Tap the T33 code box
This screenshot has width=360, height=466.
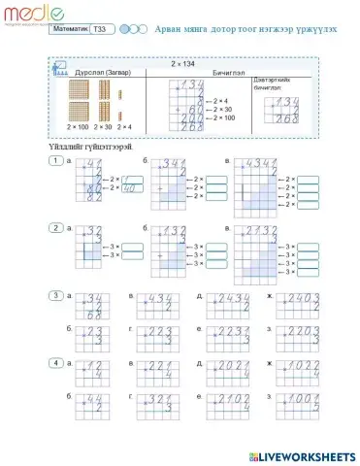click(x=100, y=30)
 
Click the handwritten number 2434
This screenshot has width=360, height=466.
click(x=230, y=298)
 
